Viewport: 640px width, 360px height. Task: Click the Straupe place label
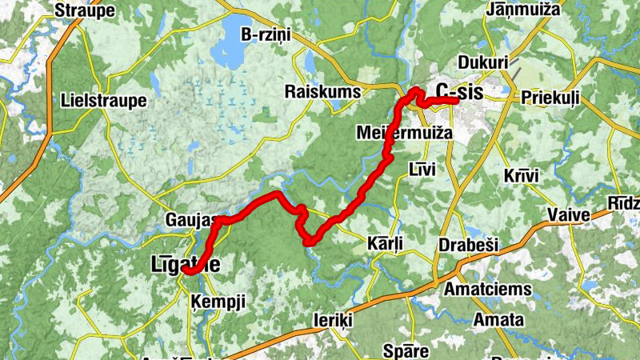pyautogui.click(x=85, y=10)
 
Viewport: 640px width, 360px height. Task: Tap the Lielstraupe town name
pyautogui.click(x=104, y=101)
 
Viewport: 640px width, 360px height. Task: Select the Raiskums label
pyautogui.click(x=323, y=92)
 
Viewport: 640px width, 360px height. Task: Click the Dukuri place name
pyautogui.click(x=482, y=62)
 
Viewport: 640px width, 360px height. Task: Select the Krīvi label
pyautogui.click(x=522, y=175)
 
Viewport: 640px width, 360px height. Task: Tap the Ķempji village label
pyautogui.click(x=218, y=301)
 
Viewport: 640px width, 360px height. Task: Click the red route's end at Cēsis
pyautogui.click(x=455, y=101)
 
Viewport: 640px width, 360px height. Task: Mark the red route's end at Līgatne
pyautogui.click(x=186, y=270)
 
